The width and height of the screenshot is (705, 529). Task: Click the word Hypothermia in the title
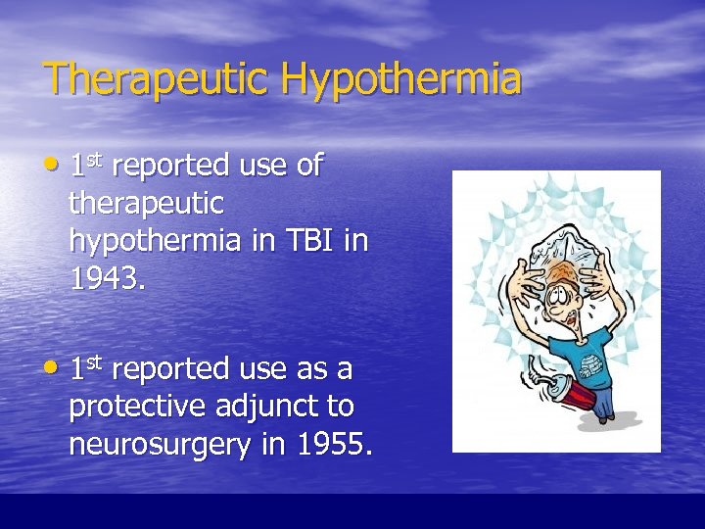[401, 79]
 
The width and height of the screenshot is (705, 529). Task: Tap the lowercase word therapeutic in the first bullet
[147, 204]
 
